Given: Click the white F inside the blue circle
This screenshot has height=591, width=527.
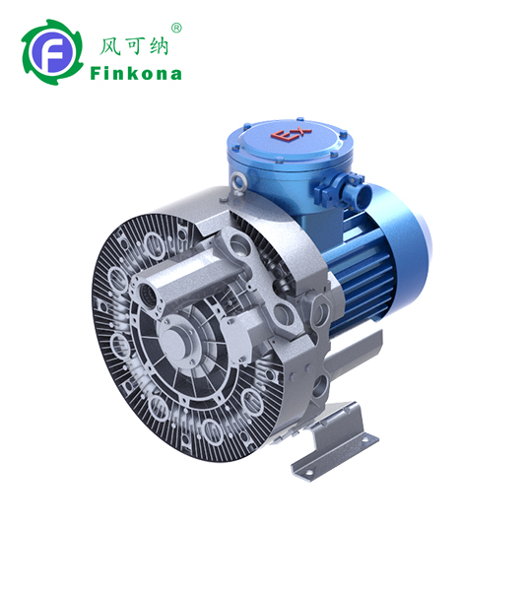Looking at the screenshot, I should click(52, 53).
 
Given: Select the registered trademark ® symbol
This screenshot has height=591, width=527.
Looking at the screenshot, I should click(176, 29).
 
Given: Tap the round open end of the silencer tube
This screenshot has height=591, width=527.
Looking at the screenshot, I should click(142, 294).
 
